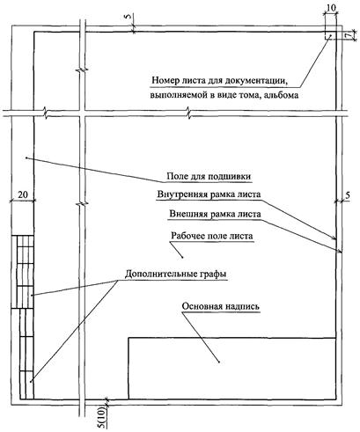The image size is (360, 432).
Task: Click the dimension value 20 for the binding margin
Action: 23,194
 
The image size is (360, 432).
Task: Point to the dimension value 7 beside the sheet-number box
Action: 348,35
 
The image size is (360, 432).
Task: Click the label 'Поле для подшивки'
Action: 209,177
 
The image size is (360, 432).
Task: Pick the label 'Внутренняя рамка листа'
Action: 209,194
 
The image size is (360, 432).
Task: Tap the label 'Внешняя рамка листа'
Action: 215,214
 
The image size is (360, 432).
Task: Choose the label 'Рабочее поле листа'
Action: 212,236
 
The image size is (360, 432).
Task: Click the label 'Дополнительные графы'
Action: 176,275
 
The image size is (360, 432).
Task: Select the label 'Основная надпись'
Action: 221,306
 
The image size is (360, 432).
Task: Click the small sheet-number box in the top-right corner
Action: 330,34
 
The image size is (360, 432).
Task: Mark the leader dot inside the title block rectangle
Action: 219,362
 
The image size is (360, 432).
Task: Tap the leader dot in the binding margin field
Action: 26,157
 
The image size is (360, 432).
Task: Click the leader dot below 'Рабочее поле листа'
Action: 183,258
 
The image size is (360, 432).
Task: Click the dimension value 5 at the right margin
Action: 348,195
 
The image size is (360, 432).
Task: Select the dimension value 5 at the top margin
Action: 129,17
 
